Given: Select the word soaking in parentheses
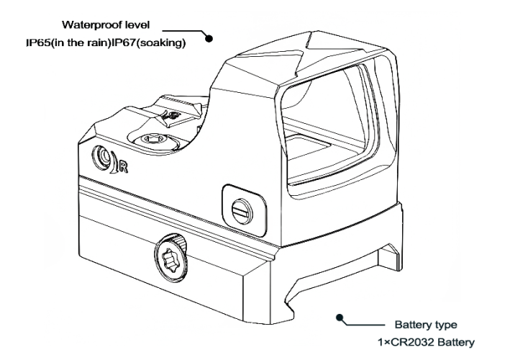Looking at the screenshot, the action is pyautogui.click(x=162, y=43).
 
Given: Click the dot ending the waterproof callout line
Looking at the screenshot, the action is pyautogui.click(x=209, y=39).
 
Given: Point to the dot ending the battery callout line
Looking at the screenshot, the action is pyautogui.click(x=339, y=318).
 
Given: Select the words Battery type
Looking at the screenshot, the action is pyautogui.click(x=426, y=325).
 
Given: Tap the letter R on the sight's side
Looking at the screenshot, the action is pyautogui.click(x=123, y=167).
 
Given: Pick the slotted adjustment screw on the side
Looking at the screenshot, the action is pyautogui.click(x=242, y=211).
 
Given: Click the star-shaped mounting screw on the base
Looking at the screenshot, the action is pyautogui.click(x=170, y=258).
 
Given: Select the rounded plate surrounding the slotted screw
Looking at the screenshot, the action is pyautogui.click(x=244, y=210).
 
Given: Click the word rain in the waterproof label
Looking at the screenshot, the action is pyautogui.click(x=97, y=43).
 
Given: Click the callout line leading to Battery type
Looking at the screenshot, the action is pyautogui.click(x=363, y=324).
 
